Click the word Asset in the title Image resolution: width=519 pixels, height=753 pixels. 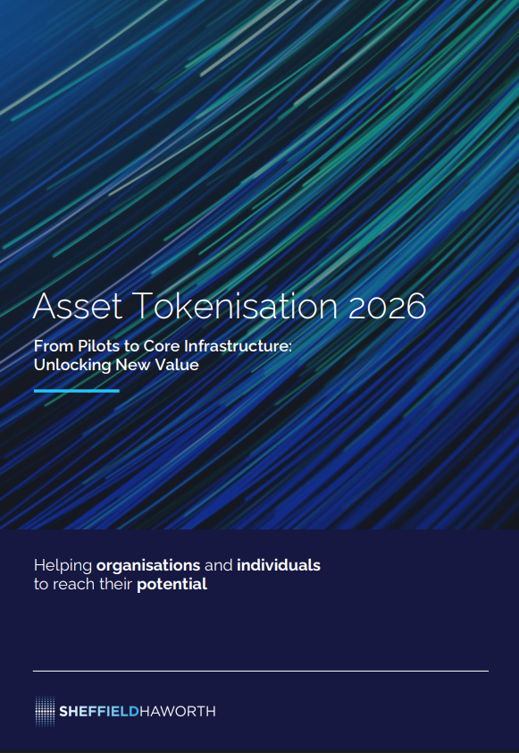(77, 306)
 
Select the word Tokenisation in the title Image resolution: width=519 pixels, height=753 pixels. (235, 305)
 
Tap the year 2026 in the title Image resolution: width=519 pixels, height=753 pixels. (387, 306)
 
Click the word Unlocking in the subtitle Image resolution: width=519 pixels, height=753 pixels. (72, 366)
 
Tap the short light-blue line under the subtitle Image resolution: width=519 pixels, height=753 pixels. (77, 391)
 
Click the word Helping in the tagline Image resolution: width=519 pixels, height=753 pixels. (63, 566)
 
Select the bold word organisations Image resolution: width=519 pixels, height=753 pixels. (148, 566)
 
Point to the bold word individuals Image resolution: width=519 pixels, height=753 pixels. (279, 565)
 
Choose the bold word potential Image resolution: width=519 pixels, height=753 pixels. (172, 585)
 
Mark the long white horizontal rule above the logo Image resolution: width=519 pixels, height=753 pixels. (261, 671)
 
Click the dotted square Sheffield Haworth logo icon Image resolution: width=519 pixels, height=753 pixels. (45, 711)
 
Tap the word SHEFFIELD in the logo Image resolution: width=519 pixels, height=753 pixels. (99, 711)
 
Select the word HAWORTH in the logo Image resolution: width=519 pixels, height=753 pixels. (178, 711)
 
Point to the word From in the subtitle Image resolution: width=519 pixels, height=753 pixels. (54, 346)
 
